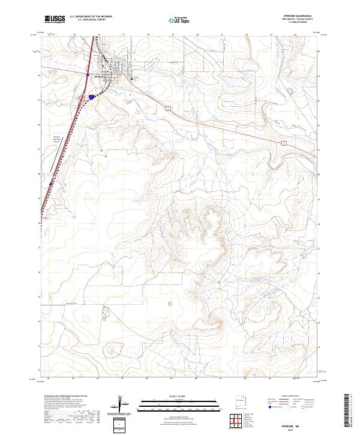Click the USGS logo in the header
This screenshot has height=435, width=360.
[x=56, y=20]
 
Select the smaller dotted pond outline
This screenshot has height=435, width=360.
[x=107, y=311]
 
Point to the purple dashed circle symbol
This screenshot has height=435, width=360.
[x=291, y=91]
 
